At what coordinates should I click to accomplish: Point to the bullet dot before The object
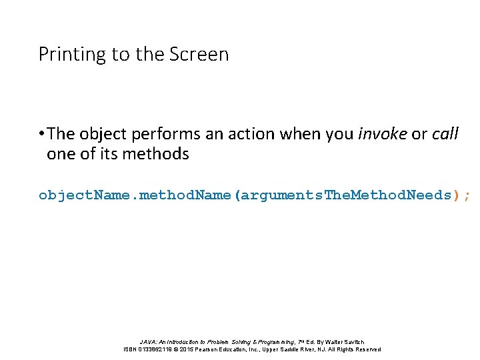(x=41, y=134)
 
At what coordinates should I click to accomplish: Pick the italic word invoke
(x=383, y=134)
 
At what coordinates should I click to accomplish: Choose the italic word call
(x=445, y=134)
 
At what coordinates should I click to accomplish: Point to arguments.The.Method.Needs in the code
(x=346, y=195)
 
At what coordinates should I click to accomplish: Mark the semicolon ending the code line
(x=467, y=196)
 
